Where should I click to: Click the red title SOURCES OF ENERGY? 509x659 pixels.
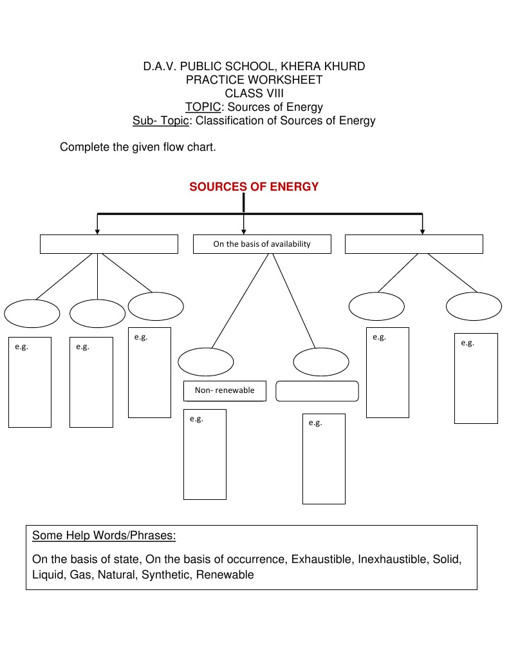click(254, 187)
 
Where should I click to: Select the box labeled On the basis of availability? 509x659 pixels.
click(262, 244)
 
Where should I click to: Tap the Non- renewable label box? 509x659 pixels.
click(225, 391)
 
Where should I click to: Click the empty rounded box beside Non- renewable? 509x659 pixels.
click(317, 391)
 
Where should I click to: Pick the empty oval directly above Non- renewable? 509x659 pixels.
click(206, 362)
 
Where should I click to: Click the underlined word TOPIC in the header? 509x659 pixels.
click(203, 107)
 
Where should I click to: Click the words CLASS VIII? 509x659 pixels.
click(254, 93)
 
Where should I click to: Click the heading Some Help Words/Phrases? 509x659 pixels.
click(104, 535)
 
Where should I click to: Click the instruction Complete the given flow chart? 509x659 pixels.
click(138, 147)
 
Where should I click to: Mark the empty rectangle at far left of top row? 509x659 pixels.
click(109, 244)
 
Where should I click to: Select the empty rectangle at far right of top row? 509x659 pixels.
click(414, 244)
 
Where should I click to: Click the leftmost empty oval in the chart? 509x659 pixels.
click(32, 314)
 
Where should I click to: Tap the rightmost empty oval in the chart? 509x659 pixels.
click(474, 306)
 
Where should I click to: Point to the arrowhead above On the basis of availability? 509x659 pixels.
click(243, 231)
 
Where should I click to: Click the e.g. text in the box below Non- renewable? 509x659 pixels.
click(196, 419)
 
